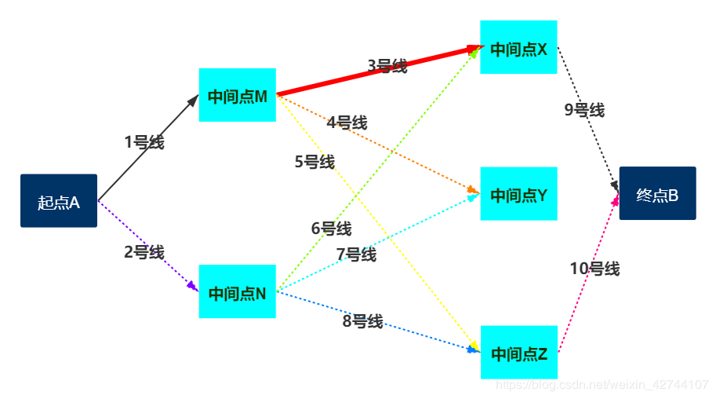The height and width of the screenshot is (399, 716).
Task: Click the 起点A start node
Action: tap(59, 201)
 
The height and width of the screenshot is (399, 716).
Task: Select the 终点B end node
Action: tap(657, 194)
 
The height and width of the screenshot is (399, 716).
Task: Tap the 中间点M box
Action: tap(238, 96)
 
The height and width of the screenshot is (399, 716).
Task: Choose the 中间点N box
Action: tap(238, 292)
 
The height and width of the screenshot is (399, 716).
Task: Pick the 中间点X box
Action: tap(518, 48)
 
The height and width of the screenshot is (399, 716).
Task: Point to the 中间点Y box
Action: tap(518, 194)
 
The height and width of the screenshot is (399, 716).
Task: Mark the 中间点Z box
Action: tap(518, 353)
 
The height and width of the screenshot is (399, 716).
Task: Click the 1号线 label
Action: tap(144, 142)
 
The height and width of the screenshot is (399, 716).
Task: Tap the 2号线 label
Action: tap(144, 252)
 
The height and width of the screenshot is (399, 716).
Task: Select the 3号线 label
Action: tap(387, 66)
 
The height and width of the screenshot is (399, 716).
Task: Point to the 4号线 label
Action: tap(347, 123)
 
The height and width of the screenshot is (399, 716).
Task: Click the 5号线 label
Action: tap(314, 162)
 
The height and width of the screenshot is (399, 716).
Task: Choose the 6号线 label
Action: tap(331, 229)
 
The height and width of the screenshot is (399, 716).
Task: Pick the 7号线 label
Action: tap(356, 254)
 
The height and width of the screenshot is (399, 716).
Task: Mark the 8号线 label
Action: tap(362, 320)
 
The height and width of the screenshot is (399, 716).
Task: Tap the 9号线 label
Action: tap(584, 110)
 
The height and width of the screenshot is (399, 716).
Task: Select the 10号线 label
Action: tap(594, 269)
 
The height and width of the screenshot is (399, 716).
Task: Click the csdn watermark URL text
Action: tap(604, 385)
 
